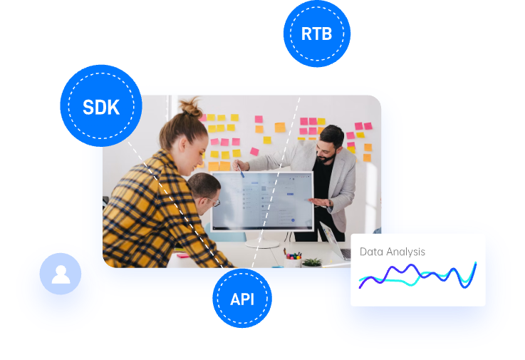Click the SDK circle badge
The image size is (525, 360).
pos(100,107)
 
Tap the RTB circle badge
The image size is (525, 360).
pos(316,34)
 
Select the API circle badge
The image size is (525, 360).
pos(242,299)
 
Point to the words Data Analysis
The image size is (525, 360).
pos(393,252)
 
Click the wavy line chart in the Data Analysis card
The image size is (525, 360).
pos(417,276)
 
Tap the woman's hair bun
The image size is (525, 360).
pos(192,108)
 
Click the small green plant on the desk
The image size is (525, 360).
pos(311,262)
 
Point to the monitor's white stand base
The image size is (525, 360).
pos(262,244)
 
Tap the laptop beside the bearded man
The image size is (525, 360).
pos(333,241)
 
